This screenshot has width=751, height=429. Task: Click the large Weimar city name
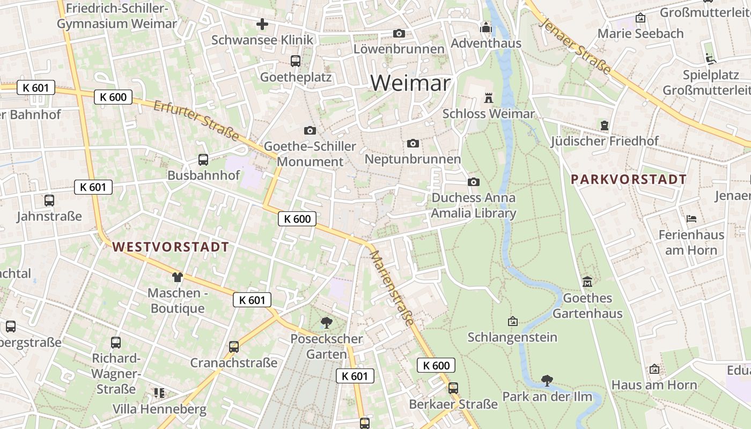(410, 83)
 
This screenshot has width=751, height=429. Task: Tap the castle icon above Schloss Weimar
(488, 98)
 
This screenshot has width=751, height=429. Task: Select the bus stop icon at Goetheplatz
(296, 61)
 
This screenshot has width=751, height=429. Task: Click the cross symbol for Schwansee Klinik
(262, 24)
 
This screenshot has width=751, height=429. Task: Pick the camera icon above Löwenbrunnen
(399, 33)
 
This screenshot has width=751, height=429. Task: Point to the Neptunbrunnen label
(413, 159)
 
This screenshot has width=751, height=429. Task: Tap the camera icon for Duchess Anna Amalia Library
(473, 182)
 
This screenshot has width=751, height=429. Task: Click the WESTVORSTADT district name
(171, 247)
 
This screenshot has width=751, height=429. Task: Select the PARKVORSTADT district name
(629, 179)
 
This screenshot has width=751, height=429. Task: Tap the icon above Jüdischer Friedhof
(605, 125)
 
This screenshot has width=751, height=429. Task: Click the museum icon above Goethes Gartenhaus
(587, 282)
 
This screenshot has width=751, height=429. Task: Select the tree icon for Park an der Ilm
(547, 381)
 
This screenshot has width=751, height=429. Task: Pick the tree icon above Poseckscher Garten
(326, 322)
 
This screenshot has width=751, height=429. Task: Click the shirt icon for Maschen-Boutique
(177, 277)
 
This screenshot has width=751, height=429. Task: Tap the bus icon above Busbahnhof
(203, 159)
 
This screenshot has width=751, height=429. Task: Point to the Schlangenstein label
(512, 337)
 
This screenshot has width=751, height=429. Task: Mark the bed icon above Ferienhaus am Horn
(691, 219)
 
